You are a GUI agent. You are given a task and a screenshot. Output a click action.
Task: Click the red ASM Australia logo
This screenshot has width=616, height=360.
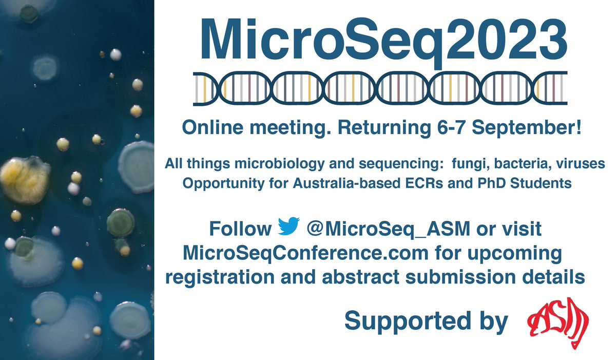pyautogui.click(x=559, y=320)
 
